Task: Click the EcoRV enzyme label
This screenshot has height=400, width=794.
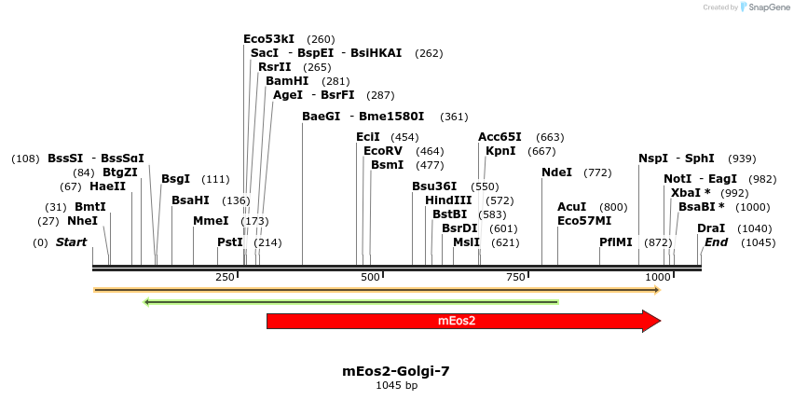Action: coord(382,151)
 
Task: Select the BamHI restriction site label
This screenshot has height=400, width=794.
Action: coord(287,81)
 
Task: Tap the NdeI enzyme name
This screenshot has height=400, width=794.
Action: coord(556,172)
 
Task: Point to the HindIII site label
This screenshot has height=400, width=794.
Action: coord(448,200)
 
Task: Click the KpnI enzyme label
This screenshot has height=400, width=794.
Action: coord(500,151)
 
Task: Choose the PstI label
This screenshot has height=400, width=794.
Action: coord(229,242)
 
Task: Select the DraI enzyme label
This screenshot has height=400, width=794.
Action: coord(711,228)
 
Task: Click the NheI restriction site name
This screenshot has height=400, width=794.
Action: coord(82,221)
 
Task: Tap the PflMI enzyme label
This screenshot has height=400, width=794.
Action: coord(615,242)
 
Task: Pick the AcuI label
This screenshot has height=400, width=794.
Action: coord(571,207)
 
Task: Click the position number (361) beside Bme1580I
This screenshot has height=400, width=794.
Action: coord(454,117)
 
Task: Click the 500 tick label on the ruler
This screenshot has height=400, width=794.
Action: coord(370,278)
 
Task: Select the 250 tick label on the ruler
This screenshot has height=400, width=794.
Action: coord(225,278)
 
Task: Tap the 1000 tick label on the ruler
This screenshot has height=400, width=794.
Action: coord(658,278)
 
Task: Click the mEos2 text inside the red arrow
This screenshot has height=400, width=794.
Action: coord(457,321)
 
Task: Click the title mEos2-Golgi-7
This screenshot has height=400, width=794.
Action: coord(396,371)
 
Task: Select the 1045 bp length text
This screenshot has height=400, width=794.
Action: coord(396,385)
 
